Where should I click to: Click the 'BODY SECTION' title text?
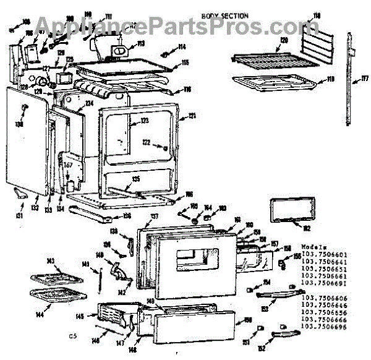tap(225, 15)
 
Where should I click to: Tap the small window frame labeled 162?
tap(289, 210)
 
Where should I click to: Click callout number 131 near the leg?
tap(19, 215)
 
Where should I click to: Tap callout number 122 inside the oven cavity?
tap(147, 143)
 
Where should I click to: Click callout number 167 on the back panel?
tap(69, 165)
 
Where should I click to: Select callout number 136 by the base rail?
tap(126, 216)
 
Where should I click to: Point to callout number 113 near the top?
tap(140, 44)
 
